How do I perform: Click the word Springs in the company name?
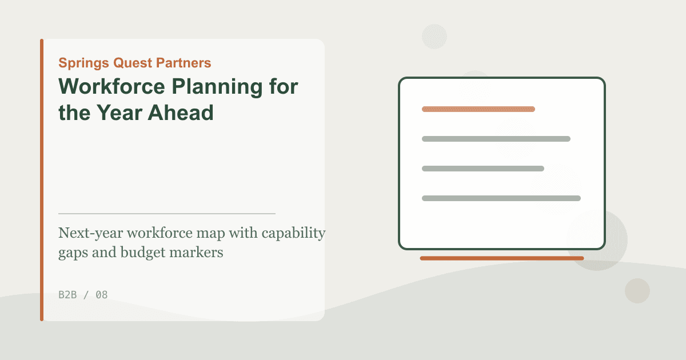pos(83,63)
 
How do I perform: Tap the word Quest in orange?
pos(133,63)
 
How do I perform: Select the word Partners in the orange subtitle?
pos(184,63)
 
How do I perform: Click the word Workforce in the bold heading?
pos(112,86)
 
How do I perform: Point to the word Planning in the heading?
pos(217,87)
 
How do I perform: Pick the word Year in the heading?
pos(119,113)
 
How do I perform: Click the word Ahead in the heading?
pos(181,113)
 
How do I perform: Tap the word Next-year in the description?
pos(91,233)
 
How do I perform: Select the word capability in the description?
pos(293,233)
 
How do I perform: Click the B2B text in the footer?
pos(67,295)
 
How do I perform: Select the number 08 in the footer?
pos(102,295)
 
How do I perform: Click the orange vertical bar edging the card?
pos(42,180)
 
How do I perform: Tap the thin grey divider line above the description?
pos(167,214)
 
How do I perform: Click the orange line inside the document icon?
pos(478,109)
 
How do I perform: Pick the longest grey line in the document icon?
pos(501,198)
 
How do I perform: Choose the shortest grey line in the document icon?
pos(483,169)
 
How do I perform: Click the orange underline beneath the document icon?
pos(502,258)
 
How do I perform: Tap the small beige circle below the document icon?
pos(637,291)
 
